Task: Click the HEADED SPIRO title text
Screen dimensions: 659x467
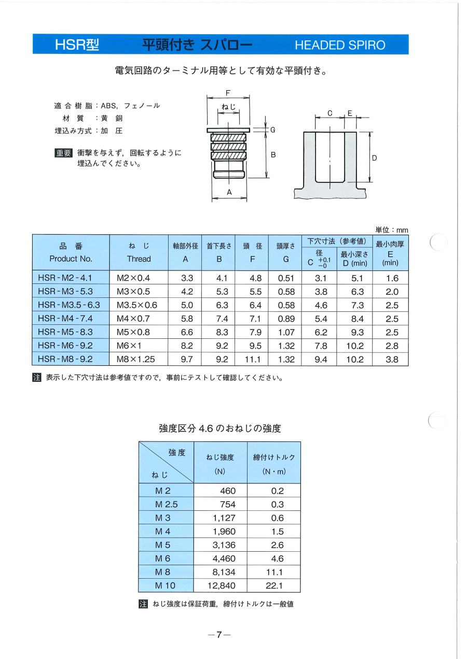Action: [x=340, y=45]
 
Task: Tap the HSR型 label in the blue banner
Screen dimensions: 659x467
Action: [x=77, y=45]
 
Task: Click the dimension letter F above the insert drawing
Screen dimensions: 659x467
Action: [x=228, y=93]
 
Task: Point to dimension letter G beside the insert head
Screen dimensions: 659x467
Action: [x=272, y=130]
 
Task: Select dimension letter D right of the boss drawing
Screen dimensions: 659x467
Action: [x=374, y=157]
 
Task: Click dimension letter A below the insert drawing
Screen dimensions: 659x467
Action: [x=229, y=192]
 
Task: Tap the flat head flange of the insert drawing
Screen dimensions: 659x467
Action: [x=228, y=130]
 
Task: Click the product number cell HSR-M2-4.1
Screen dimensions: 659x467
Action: [x=65, y=278]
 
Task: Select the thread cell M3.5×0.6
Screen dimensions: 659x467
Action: [x=136, y=305]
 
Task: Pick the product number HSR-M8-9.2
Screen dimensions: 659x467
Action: [x=65, y=359]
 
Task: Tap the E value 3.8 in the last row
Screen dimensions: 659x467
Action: [x=392, y=359]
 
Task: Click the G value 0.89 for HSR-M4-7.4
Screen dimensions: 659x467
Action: [x=286, y=318]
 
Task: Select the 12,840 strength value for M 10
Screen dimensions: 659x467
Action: [x=221, y=585]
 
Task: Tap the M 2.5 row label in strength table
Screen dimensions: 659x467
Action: [x=166, y=504]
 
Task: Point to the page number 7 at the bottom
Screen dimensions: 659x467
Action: [x=219, y=635]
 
